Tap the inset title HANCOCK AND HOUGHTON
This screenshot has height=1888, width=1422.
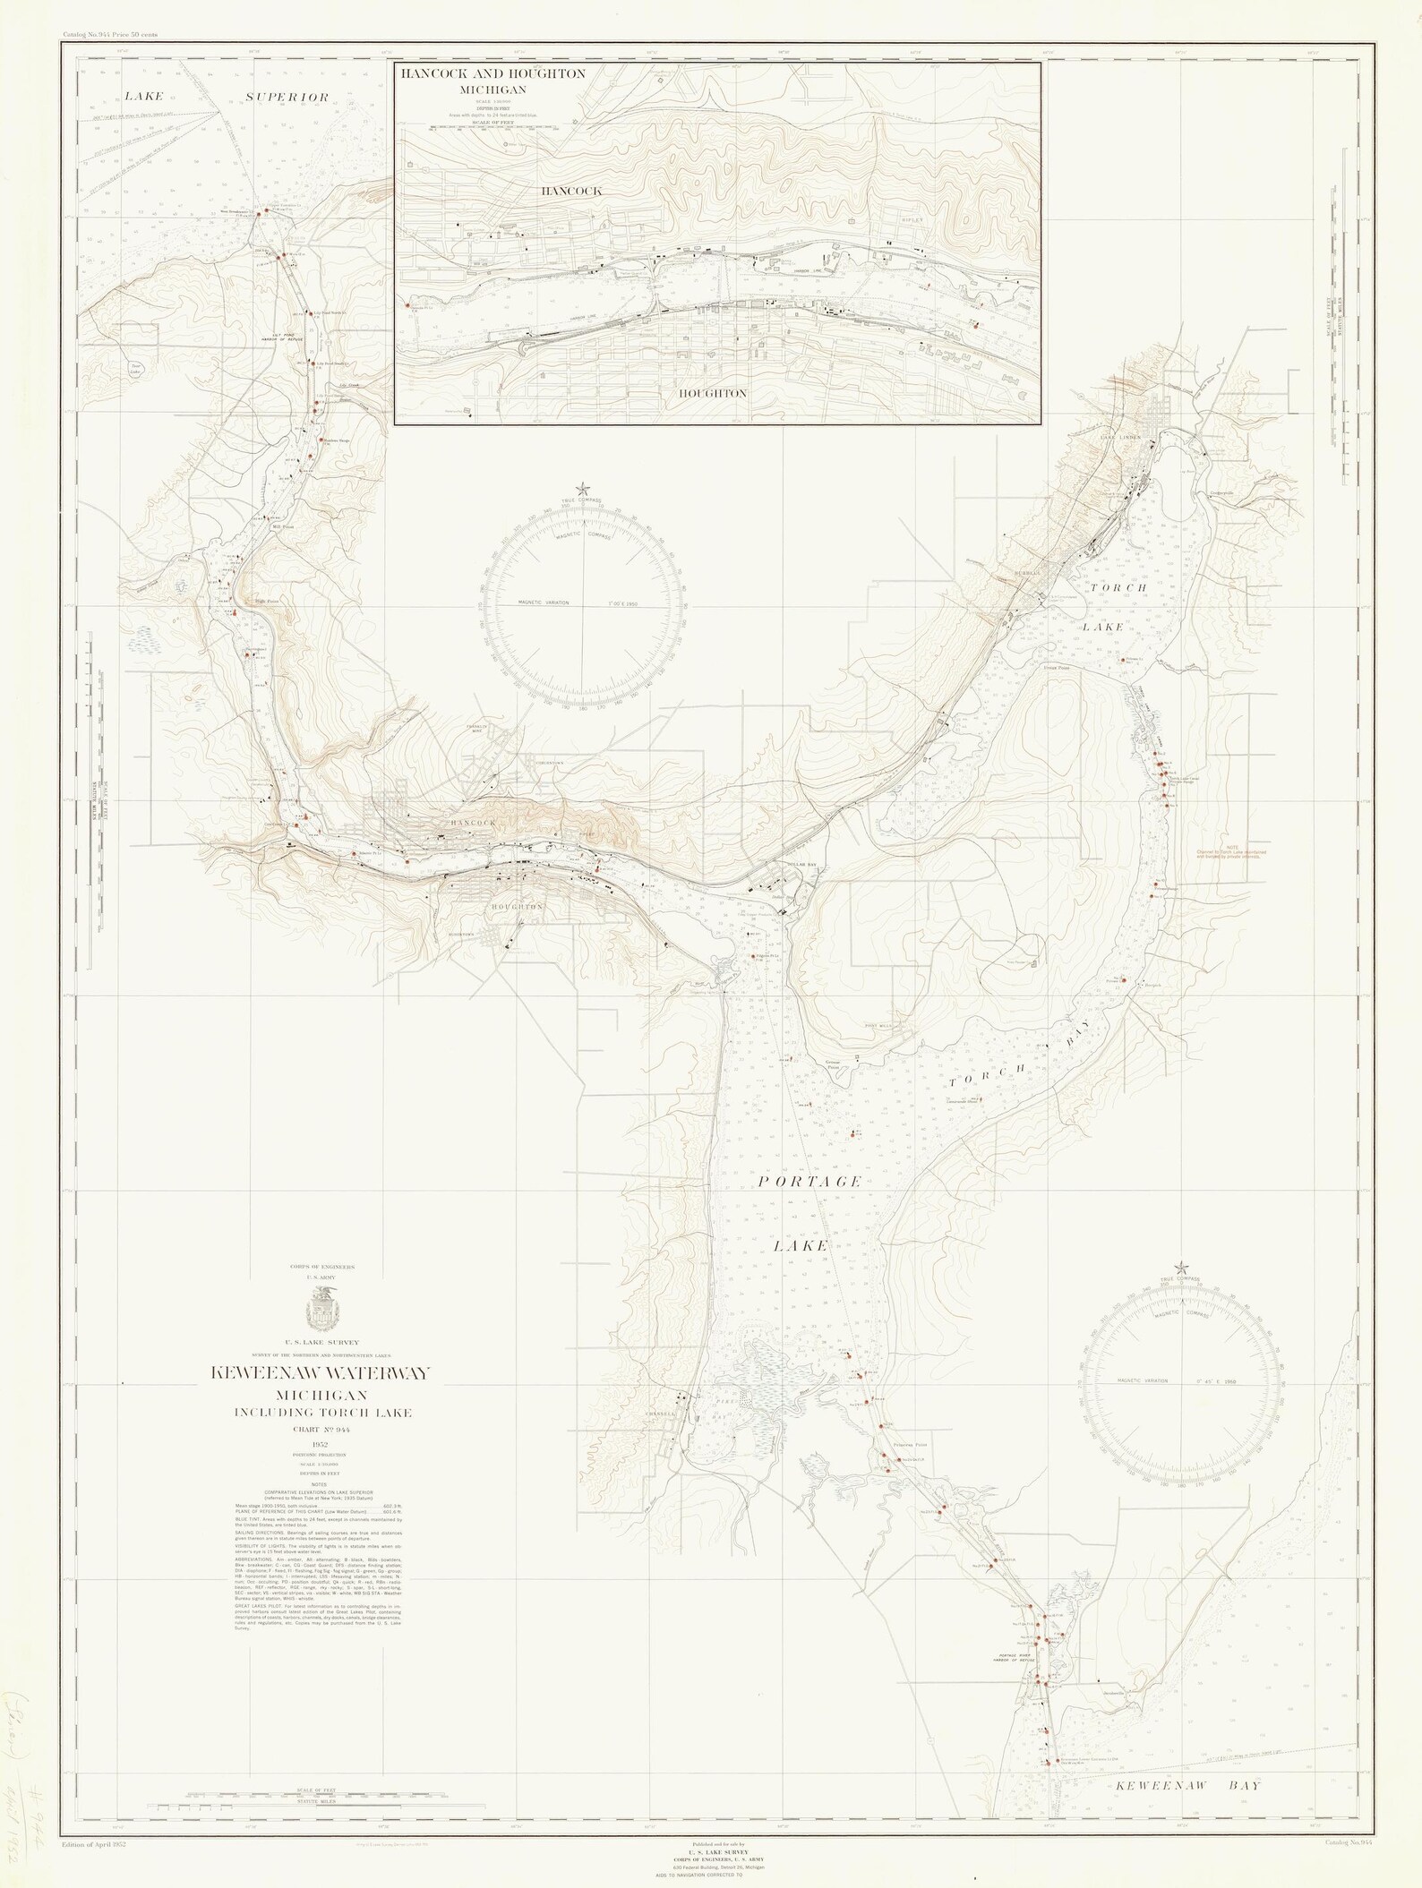click(493, 74)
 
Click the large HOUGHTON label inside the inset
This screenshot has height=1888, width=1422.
click(712, 393)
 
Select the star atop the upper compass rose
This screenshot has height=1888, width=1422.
click(583, 488)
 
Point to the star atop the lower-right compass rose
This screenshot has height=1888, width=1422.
click(1181, 1267)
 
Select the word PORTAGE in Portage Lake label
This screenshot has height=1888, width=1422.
click(810, 1182)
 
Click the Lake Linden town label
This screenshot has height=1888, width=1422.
click(1120, 437)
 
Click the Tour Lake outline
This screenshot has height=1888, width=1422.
click(136, 368)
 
